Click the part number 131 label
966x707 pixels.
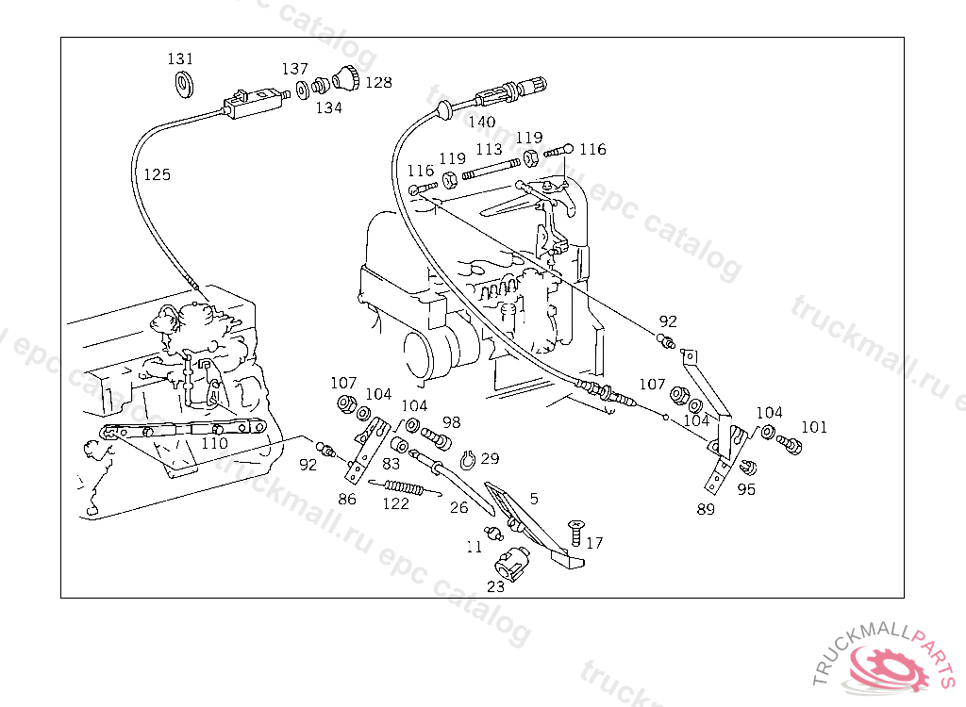pyautogui.click(x=180, y=58)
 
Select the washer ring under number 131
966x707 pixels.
pyautogui.click(x=184, y=85)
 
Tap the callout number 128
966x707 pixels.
pyautogui.click(x=378, y=83)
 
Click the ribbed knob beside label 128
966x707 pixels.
pyautogui.click(x=346, y=77)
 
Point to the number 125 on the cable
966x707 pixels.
pyautogui.click(x=157, y=175)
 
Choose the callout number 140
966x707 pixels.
pyautogui.click(x=481, y=122)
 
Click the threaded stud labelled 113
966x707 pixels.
pyautogui.click(x=491, y=169)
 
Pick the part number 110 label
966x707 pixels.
pyautogui.click(x=214, y=443)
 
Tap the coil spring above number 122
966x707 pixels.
pyautogui.click(x=405, y=487)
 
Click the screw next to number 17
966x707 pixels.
pyautogui.click(x=576, y=532)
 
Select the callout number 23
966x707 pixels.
pyautogui.click(x=495, y=587)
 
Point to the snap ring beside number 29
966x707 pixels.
pyautogui.click(x=469, y=459)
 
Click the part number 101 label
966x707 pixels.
pyautogui.click(x=814, y=427)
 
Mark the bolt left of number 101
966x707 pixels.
pyautogui.click(x=790, y=443)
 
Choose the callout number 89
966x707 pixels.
pyautogui.click(x=706, y=509)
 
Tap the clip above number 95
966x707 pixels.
pyautogui.click(x=747, y=468)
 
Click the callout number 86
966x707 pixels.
pyautogui.click(x=347, y=499)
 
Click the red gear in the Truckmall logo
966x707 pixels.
pyautogui.click(x=888, y=667)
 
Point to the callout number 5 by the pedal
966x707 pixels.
pyautogui.click(x=534, y=499)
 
